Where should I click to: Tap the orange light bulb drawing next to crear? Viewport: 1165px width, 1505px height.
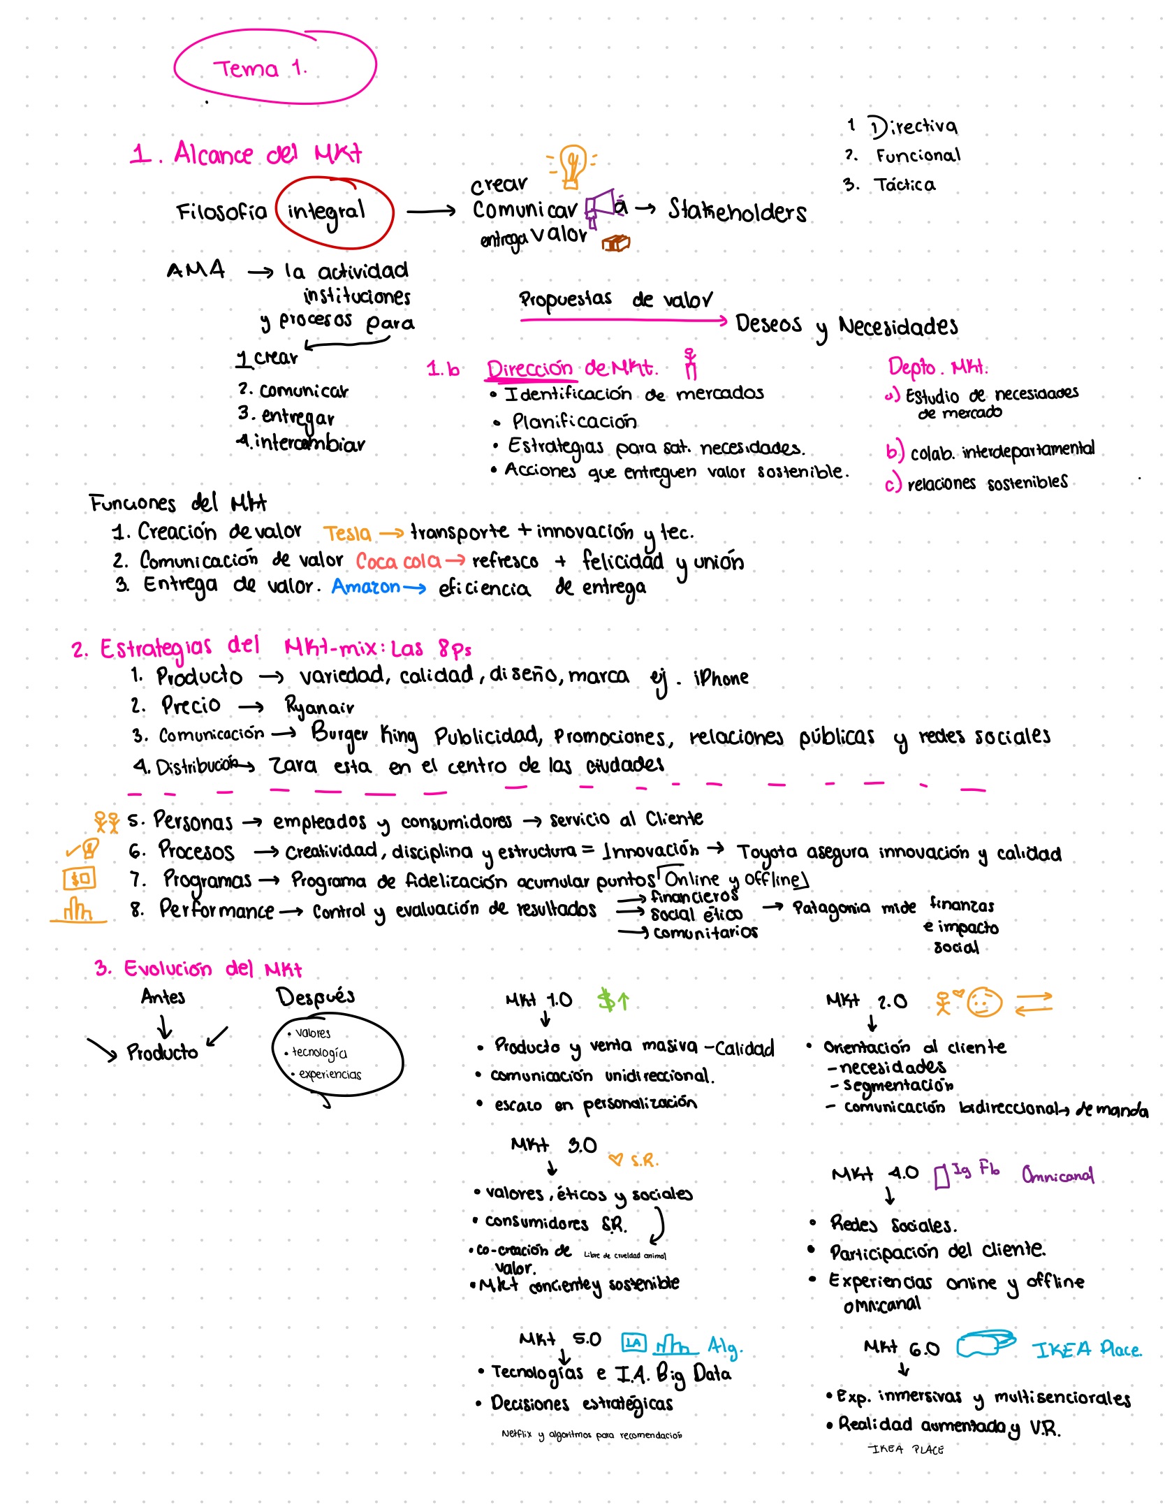(572, 166)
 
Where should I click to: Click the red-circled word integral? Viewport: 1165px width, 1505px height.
(327, 212)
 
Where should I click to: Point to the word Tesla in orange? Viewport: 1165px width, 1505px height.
(347, 534)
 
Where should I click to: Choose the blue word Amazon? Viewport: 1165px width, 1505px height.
(366, 587)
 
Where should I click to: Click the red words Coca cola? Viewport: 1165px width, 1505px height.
(398, 561)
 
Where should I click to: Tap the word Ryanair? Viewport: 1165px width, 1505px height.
(319, 707)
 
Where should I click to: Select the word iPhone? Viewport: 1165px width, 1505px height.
(720, 678)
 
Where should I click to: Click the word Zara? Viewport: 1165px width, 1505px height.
(293, 766)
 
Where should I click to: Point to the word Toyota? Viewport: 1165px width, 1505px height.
(767, 852)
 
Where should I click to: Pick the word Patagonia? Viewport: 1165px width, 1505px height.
(831, 908)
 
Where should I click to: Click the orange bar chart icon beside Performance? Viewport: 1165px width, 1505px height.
(78, 911)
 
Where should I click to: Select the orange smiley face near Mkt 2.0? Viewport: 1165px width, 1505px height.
(984, 1003)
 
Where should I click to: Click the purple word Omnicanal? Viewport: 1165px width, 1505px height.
(1057, 1175)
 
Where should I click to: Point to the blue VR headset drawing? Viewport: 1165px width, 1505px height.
(986, 1344)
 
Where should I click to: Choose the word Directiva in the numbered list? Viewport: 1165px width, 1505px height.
(914, 126)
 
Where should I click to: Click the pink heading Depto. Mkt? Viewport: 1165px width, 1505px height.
(937, 367)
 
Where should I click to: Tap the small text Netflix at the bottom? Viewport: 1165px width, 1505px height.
(516, 1434)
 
